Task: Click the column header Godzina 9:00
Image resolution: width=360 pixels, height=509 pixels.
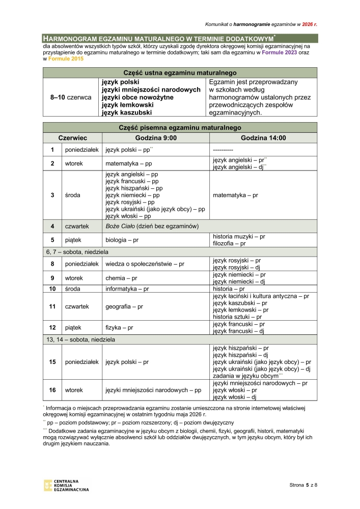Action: pos(156,138)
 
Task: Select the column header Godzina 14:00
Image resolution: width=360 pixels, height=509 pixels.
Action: pos(263,138)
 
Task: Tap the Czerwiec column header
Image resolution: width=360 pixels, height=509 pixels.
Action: pos(72,138)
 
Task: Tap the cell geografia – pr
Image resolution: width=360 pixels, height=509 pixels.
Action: pos(124,306)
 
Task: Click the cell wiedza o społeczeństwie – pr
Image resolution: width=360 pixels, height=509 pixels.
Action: pos(145,264)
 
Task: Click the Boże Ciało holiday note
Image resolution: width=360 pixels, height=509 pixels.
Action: pos(152,226)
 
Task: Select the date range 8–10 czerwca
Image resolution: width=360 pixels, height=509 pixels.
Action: pos(71,97)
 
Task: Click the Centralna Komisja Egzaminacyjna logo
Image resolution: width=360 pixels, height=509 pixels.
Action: pos(66,485)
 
